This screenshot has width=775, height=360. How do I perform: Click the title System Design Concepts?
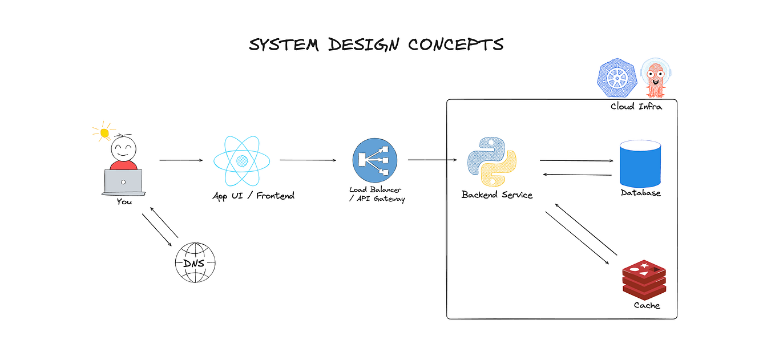pyautogui.click(x=376, y=45)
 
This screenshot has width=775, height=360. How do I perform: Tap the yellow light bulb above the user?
pyautogui.click(x=104, y=133)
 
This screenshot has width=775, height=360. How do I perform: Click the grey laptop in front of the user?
pyautogui.click(x=123, y=182)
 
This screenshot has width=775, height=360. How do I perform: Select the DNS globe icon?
pyautogui.click(x=196, y=262)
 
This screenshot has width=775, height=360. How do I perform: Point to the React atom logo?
pyautogui.click(x=241, y=161)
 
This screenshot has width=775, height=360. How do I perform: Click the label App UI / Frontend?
pyautogui.click(x=253, y=196)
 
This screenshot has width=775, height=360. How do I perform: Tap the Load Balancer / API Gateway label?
pyautogui.click(x=377, y=194)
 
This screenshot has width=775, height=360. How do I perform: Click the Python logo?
pyautogui.click(x=491, y=161)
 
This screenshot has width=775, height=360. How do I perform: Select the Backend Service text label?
pyautogui.click(x=497, y=195)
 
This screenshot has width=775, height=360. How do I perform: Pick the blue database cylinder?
pyautogui.click(x=640, y=164)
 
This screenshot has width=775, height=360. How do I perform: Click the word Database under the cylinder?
pyautogui.click(x=640, y=193)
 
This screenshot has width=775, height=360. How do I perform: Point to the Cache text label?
pyautogui.click(x=647, y=305)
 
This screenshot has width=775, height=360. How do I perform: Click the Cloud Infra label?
pyautogui.click(x=636, y=106)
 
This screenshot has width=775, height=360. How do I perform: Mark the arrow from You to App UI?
pyautogui.click(x=181, y=160)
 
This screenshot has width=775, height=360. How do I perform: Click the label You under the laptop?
pyautogui.click(x=124, y=201)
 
